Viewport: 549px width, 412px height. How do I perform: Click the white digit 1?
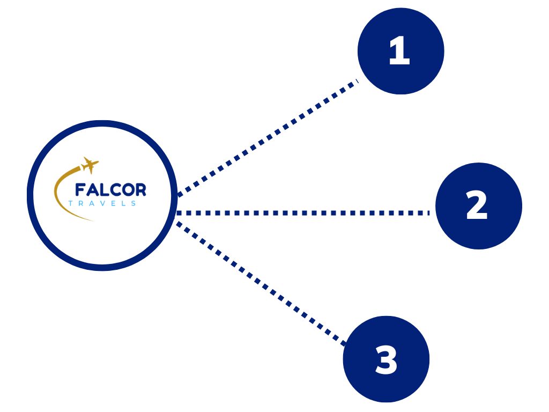(x=399, y=53)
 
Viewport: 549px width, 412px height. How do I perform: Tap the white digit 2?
(x=477, y=207)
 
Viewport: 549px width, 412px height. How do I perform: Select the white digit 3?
(x=386, y=360)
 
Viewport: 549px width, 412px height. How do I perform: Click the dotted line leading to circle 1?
(x=268, y=137)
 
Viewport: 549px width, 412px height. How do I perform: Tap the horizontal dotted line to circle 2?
(x=303, y=213)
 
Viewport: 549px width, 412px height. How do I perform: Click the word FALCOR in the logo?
(x=110, y=190)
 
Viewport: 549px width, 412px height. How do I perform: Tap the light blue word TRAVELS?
(x=102, y=203)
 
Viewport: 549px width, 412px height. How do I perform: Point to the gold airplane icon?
(x=90, y=164)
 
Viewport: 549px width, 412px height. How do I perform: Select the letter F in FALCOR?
(x=79, y=190)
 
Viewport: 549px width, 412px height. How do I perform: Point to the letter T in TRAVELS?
(x=71, y=203)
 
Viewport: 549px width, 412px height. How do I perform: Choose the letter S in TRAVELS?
(x=133, y=203)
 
